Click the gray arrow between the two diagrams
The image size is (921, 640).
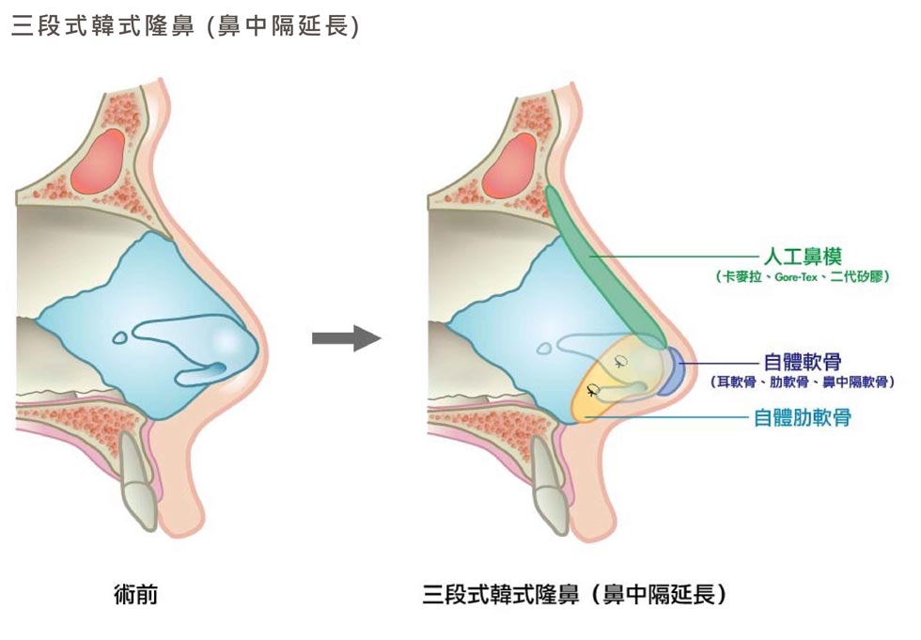pos(345,339)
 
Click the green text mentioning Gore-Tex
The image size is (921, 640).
pos(802,278)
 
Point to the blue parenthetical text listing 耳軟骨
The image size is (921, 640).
pos(802,382)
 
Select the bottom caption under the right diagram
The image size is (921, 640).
pos(575,595)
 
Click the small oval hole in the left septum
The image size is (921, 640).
pos(119,336)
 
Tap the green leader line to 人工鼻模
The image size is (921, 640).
pos(677,255)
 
